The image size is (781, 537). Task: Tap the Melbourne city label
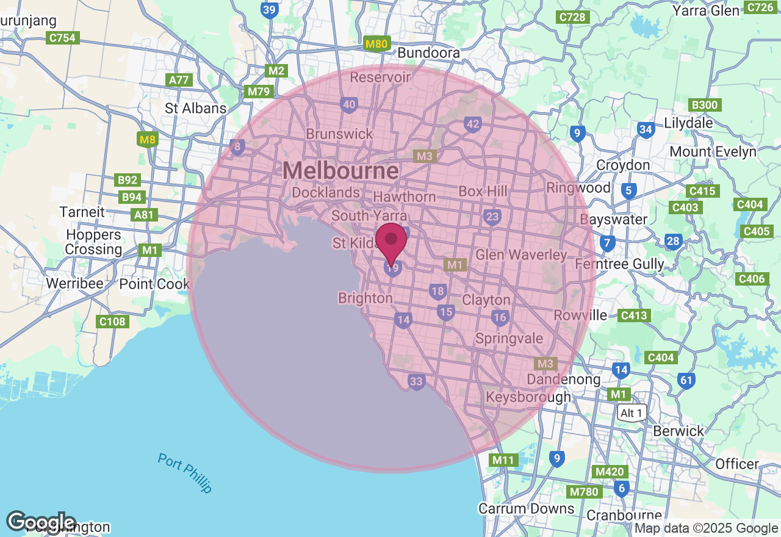coord(340,171)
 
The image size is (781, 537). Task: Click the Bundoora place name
coord(428,53)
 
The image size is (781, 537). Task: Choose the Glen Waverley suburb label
coord(521,255)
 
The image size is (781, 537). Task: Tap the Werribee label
coord(74,284)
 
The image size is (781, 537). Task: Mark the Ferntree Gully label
coord(620,264)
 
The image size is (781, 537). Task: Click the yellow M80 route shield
coord(376,44)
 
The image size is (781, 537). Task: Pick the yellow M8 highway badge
coord(148,140)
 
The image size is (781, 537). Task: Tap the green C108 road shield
coord(112,321)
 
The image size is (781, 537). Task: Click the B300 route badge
coord(704,105)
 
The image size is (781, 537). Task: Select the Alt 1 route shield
coord(630,413)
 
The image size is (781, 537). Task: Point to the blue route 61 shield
coord(686,381)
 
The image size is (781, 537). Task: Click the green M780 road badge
coord(584,492)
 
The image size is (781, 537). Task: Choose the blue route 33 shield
coord(416,382)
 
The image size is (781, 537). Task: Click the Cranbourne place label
coord(624,516)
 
